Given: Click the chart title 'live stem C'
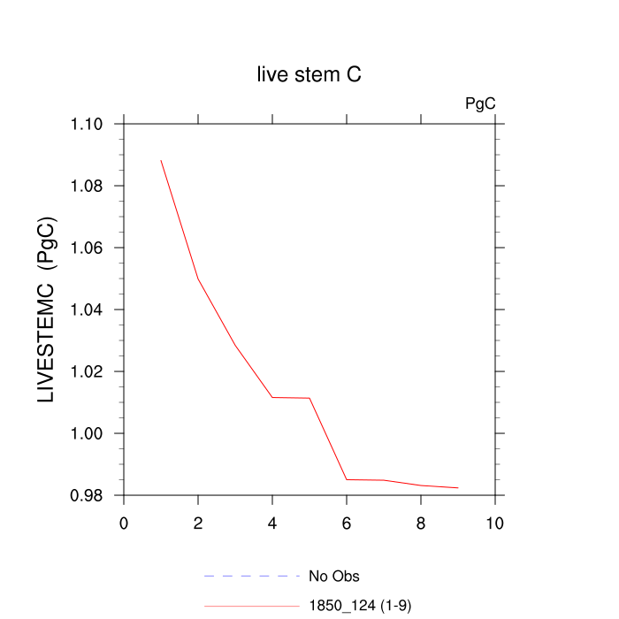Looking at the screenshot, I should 309,75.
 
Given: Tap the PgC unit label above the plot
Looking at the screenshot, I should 480,103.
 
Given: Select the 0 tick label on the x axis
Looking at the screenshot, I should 124,523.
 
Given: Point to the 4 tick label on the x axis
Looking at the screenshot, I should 272,523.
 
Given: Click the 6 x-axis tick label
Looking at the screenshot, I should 347,523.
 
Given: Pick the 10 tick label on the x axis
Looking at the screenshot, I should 495,523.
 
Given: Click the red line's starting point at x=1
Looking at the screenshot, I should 161,160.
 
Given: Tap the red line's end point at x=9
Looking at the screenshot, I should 458,487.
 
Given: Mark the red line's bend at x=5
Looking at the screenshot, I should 309,398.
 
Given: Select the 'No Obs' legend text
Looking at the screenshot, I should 334,577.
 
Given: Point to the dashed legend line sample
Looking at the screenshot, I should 252,577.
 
